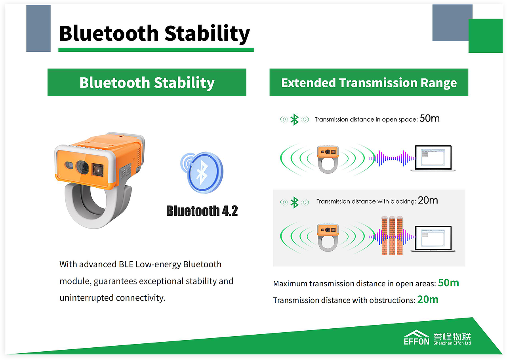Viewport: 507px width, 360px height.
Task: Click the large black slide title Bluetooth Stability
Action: pos(154,34)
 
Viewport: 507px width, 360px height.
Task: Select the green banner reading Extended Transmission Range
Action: pos(369,82)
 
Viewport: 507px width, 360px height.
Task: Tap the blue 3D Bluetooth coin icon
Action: pos(202,172)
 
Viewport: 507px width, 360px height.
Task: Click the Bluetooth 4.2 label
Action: pos(202,211)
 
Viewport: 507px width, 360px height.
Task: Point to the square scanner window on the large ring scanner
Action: pos(97,170)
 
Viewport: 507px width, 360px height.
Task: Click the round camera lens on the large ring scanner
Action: pos(82,167)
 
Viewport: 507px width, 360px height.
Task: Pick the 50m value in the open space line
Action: pos(429,118)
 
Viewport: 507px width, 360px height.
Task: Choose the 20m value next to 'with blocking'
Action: pos(428,200)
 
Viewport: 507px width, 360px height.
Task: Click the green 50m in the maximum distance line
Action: pos(448,283)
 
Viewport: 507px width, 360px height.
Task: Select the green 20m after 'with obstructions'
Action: pos(428,299)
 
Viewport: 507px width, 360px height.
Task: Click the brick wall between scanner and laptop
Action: pos(392,236)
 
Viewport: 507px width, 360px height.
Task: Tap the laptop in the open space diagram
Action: pos(433,158)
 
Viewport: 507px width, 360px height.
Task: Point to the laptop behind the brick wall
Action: pos(433,238)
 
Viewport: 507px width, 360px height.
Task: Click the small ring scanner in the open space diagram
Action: pos(328,160)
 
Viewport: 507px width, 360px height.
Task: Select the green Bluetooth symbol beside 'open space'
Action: pos(294,120)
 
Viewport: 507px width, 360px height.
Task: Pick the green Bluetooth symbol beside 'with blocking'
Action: pos(294,202)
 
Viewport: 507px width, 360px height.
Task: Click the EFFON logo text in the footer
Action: pos(416,341)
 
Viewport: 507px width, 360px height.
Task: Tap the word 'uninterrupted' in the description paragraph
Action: pos(86,298)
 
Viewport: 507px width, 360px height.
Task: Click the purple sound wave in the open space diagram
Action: pos(392,158)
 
